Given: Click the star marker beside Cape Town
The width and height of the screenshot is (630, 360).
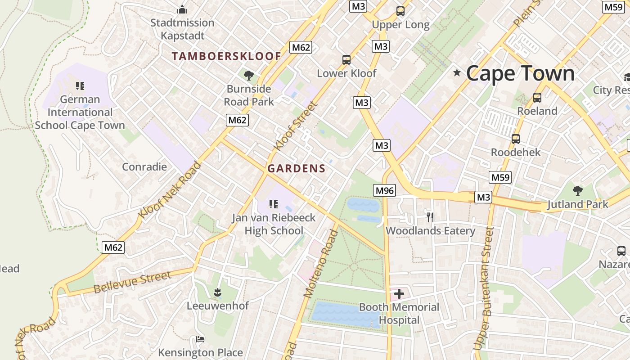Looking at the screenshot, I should click(x=457, y=72).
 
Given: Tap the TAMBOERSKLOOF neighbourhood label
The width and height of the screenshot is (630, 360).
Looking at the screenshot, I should click(x=226, y=56).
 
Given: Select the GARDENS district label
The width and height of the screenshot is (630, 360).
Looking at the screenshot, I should click(x=296, y=169).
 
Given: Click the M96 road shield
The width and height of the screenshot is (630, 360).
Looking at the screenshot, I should click(x=385, y=190).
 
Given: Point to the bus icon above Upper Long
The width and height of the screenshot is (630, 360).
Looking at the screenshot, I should click(x=400, y=11).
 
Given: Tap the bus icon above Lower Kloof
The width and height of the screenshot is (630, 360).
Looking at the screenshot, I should click(x=346, y=59).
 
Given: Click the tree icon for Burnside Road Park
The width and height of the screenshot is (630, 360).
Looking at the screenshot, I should click(x=248, y=75).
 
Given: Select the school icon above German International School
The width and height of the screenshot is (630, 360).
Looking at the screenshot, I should click(x=80, y=85).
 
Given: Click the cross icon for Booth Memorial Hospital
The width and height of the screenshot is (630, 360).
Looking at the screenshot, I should click(x=399, y=294).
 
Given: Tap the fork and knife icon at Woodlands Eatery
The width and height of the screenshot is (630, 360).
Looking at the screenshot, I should click(x=430, y=217).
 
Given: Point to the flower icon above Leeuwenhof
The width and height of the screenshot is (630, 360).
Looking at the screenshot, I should click(x=218, y=292).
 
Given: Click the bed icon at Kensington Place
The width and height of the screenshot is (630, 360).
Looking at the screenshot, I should click(x=200, y=339).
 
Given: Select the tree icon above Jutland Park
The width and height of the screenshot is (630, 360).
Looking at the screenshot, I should click(x=578, y=191).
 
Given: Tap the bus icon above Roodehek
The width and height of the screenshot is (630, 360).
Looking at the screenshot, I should click(x=515, y=139).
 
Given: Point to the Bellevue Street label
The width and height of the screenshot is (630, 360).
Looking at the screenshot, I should click(x=132, y=282).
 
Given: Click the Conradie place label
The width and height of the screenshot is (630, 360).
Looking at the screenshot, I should click(x=144, y=167).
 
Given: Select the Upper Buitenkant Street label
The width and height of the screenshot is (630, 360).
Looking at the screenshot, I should click(x=484, y=288).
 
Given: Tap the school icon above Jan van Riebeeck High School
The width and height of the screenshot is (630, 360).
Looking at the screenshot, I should click(x=273, y=204).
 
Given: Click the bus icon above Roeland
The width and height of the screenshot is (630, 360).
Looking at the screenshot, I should click(x=537, y=97).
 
